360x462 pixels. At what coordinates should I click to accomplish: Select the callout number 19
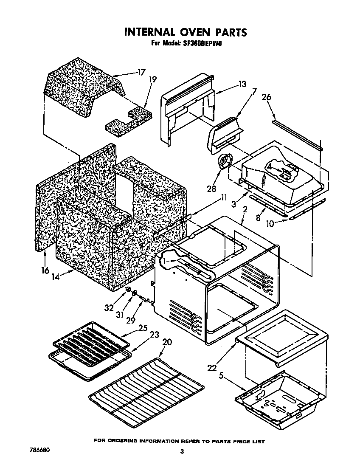pyautogui.click(x=153, y=79)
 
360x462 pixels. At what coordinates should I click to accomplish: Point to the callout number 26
pyautogui.click(x=266, y=97)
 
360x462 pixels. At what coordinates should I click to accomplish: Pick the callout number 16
pyautogui.click(x=45, y=270)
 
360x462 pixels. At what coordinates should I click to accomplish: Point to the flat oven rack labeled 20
pyautogui.click(x=146, y=391)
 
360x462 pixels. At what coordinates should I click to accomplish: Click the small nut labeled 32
pyautogui.click(x=127, y=290)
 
